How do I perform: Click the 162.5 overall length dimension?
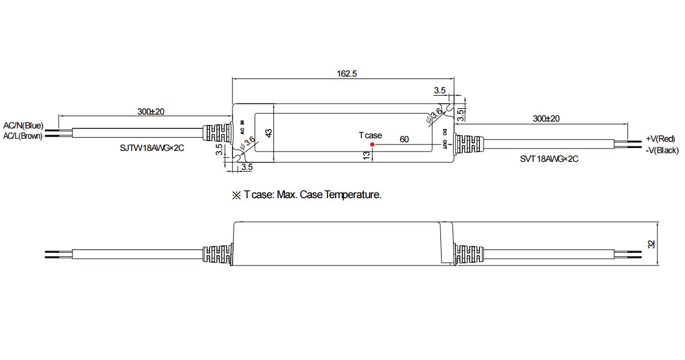click(347, 73)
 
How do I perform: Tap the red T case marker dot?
click(372, 144)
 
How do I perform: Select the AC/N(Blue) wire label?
click(23, 126)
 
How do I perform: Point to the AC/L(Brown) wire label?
click(22, 136)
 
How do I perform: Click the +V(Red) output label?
click(660, 139)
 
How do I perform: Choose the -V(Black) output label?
click(662, 150)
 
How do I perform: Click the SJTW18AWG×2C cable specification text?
click(151, 148)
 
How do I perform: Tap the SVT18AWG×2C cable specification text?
click(549, 159)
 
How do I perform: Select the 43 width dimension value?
click(269, 133)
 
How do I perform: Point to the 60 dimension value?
click(404, 139)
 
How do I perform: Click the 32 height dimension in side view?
click(652, 244)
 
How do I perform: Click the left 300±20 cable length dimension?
click(151, 111)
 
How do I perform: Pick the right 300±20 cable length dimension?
click(546, 119)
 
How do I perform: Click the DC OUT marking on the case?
click(444, 138)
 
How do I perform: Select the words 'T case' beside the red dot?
click(370, 135)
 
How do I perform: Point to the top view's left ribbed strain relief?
click(216, 133)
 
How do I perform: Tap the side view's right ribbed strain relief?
click(469, 254)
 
